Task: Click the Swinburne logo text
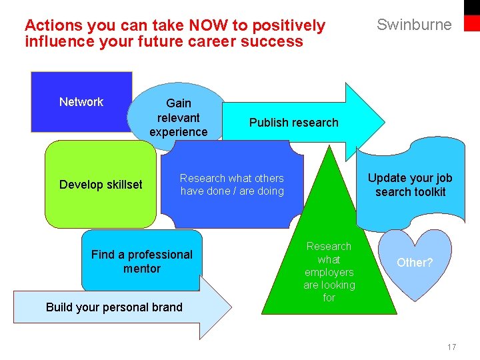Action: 414,25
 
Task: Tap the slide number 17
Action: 451,347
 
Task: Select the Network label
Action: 81,102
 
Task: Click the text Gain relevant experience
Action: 178,117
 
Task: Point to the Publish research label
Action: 293,123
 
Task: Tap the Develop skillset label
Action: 101,185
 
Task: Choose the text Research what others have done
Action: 231,185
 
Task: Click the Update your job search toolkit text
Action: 410,185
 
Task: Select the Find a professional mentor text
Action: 141,261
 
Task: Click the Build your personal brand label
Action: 114,307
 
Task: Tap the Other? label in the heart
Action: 415,263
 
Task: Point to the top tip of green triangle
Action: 329,147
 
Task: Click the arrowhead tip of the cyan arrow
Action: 384,121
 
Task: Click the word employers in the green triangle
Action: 329,272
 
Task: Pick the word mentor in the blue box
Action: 141,269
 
